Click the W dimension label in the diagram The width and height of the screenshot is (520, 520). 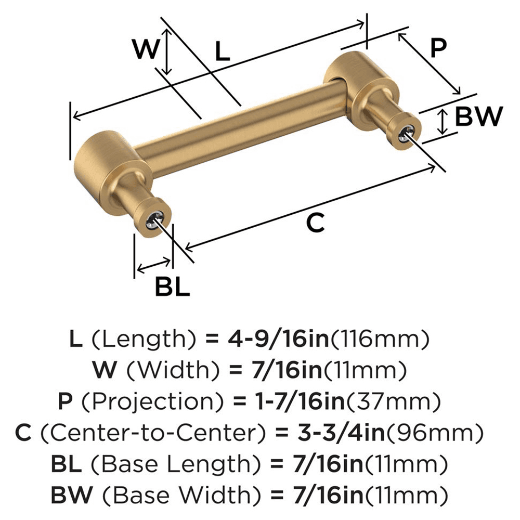(145, 50)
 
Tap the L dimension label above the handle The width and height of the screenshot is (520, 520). (222, 52)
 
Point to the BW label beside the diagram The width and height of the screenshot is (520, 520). (479, 117)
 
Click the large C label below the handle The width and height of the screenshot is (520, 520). (315, 223)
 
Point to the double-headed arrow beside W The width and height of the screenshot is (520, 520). (166, 51)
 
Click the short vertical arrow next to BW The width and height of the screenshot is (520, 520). (442, 121)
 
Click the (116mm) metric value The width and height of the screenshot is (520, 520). (381, 340)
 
